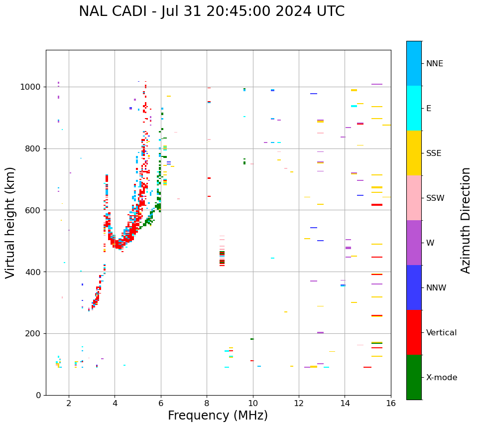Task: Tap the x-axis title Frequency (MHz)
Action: [x=218, y=416]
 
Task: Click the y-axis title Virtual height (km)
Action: [x=10, y=222]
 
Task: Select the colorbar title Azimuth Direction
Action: [x=466, y=220]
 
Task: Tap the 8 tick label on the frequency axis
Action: [x=207, y=403]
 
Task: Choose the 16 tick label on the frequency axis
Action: [x=391, y=403]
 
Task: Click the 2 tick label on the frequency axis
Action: [x=69, y=403]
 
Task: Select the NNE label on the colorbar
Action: [x=434, y=64]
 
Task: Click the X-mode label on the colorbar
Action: [x=442, y=378]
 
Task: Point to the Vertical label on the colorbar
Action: [x=441, y=333]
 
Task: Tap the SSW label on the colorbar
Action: [x=435, y=198]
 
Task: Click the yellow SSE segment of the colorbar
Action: [x=414, y=153]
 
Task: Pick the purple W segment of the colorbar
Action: [x=414, y=243]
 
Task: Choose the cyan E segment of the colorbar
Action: [x=414, y=108]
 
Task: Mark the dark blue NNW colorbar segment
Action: [x=414, y=287]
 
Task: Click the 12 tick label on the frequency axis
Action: [x=299, y=403]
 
